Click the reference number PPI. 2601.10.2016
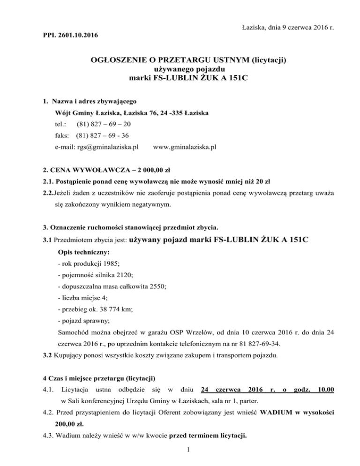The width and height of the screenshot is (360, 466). click(x=66, y=35)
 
